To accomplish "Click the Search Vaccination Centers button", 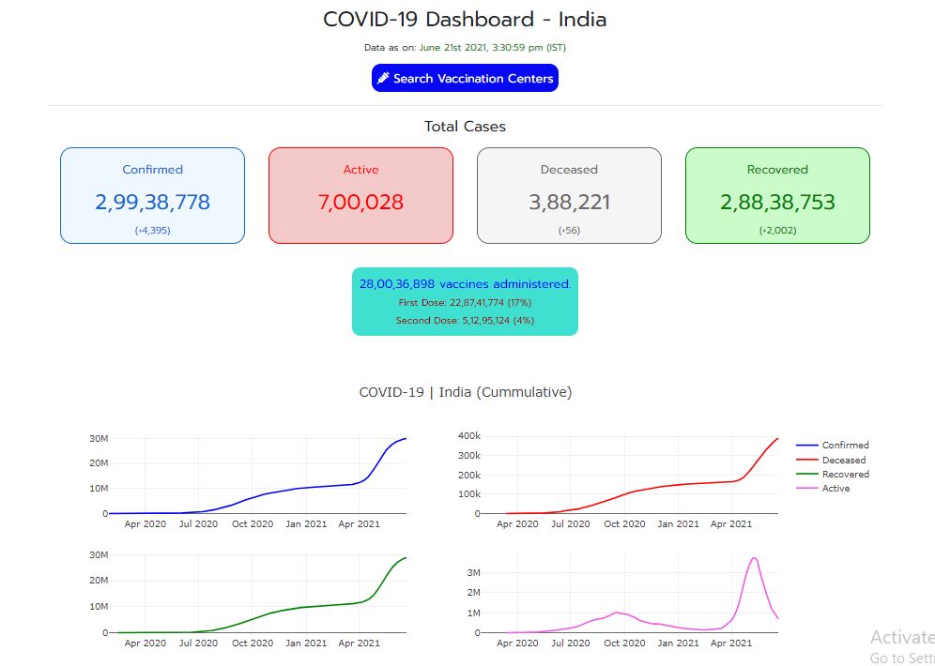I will coord(465,79).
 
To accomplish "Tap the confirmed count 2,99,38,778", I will coord(152,202).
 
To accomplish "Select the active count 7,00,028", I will coord(360,202).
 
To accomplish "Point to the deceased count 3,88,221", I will coord(569,202).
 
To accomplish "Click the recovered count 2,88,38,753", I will coord(777,202).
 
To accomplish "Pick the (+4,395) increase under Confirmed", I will coord(152,230).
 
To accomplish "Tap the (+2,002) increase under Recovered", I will coord(777,230).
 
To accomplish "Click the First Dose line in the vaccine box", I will coord(465,303).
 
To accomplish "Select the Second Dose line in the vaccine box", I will coord(465,321).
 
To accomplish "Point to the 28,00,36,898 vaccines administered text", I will coord(465,283).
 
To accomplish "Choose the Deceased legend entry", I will coord(843,460).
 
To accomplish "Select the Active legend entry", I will coord(835,488).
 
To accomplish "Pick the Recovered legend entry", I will coord(845,474).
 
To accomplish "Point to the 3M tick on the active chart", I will coord(474,572).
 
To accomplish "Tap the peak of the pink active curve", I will coord(753,558).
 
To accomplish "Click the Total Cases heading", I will coord(465,127).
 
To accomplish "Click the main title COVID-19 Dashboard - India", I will coord(465,19).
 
